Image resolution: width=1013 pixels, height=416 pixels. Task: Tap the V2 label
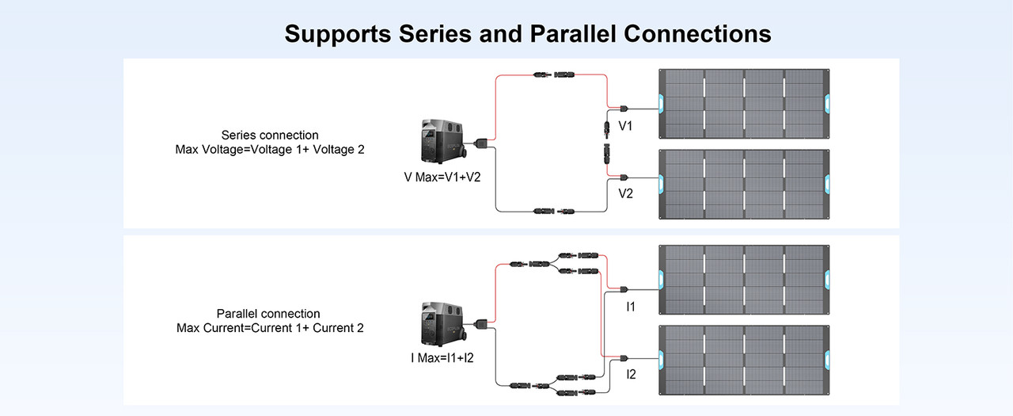click(x=625, y=193)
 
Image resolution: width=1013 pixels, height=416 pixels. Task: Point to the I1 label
click(x=630, y=306)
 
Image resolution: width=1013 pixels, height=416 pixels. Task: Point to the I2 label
click(x=631, y=373)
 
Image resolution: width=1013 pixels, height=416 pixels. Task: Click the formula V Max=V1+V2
click(x=442, y=177)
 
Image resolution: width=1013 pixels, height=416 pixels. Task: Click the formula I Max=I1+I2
click(x=442, y=358)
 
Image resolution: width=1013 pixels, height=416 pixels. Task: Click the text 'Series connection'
click(x=270, y=135)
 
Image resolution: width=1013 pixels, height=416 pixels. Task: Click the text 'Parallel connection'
click(x=268, y=314)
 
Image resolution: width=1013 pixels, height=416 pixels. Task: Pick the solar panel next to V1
click(x=744, y=103)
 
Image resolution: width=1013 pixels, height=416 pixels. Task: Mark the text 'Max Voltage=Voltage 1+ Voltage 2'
click(x=270, y=149)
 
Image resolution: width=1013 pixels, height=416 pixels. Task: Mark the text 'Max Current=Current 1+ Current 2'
click(x=270, y=328)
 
